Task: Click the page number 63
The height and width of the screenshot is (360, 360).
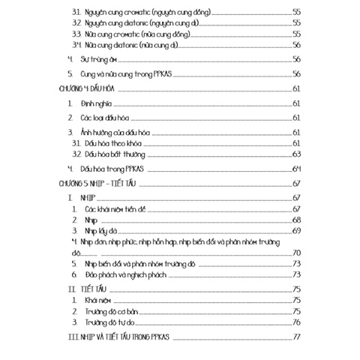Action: [297, 154]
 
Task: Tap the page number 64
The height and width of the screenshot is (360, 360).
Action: [297, 167]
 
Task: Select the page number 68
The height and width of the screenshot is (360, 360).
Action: [297, 220]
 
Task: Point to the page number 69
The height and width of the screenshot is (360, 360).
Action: [297, 231]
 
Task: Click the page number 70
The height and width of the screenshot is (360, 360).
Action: [297, 253]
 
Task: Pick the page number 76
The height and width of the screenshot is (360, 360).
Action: [297, 322]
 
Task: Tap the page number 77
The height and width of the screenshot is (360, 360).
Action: [297, 335]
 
